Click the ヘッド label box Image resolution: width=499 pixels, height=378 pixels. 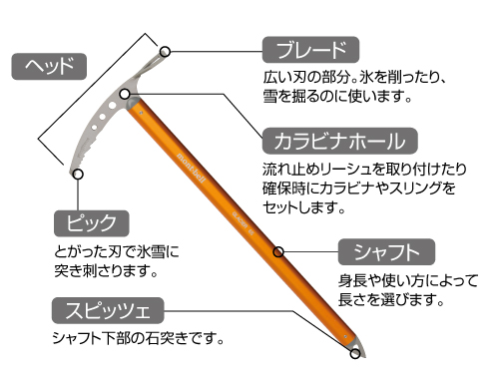point(49,67)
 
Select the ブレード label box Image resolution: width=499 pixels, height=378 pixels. point(310,50)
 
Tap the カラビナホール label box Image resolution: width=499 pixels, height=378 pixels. point(339,141)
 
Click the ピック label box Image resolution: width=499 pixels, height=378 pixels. point(91,223)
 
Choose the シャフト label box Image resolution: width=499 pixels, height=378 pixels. point(386,251)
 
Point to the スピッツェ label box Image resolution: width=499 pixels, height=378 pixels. point(108,310)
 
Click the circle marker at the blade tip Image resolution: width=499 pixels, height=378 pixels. point(165,52)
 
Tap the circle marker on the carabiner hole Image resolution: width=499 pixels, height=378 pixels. point(125,94)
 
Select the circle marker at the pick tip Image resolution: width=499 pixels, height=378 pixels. point(78,174)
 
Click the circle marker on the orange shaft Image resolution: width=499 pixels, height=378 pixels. point(278,251)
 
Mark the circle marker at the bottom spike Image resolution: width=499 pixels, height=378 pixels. point(355,353)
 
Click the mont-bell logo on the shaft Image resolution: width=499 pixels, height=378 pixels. point(192,168)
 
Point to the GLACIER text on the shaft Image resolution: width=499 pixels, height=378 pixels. point(241,219)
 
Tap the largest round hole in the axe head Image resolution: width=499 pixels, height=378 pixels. point(112,106)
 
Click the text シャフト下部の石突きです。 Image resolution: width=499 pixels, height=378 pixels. point(138,338)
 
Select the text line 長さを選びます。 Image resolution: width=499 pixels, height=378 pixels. point(391,299)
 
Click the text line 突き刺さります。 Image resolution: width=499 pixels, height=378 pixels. point(106,271)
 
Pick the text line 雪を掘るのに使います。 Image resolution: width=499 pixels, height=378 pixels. point(337,97)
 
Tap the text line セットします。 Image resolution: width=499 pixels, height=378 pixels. point(303,207)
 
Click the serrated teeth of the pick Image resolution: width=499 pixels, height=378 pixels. point(87,149)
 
